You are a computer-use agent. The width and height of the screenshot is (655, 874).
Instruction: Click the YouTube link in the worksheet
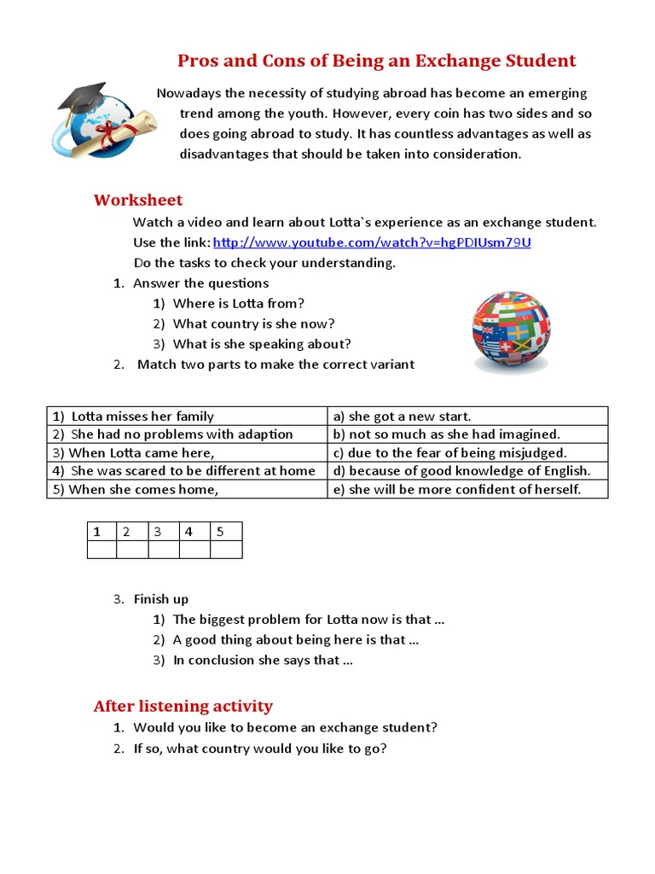[x=372, y=242]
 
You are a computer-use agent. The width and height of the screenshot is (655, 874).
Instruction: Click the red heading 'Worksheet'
[x=137, y=201]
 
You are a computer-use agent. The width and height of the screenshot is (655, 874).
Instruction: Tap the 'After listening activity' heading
[x=183, y=706]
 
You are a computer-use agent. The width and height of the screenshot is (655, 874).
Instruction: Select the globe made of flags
[x=511, y=332]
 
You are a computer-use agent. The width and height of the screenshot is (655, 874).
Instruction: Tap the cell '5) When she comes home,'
[x=136, y=489]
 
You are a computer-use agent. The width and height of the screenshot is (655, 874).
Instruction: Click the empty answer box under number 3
[x=164, y=550]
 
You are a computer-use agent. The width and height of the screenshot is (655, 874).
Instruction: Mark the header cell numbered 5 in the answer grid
[x=226, y=532]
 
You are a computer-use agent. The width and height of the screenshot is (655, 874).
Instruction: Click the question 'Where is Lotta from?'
[x=238, y=303]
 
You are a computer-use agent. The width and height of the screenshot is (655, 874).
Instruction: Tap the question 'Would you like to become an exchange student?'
[x=285, y=728]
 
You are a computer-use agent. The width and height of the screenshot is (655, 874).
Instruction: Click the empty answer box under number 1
[x=101, y=550]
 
